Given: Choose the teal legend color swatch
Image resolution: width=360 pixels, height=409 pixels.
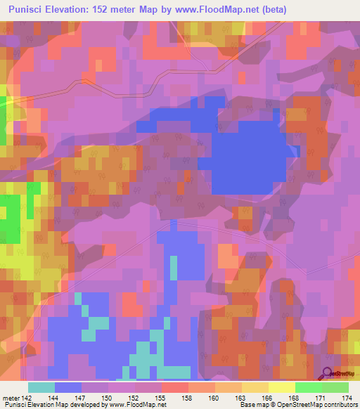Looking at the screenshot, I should point(41,387).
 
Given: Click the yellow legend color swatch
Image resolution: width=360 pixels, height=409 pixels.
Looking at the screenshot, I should point(281,387).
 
